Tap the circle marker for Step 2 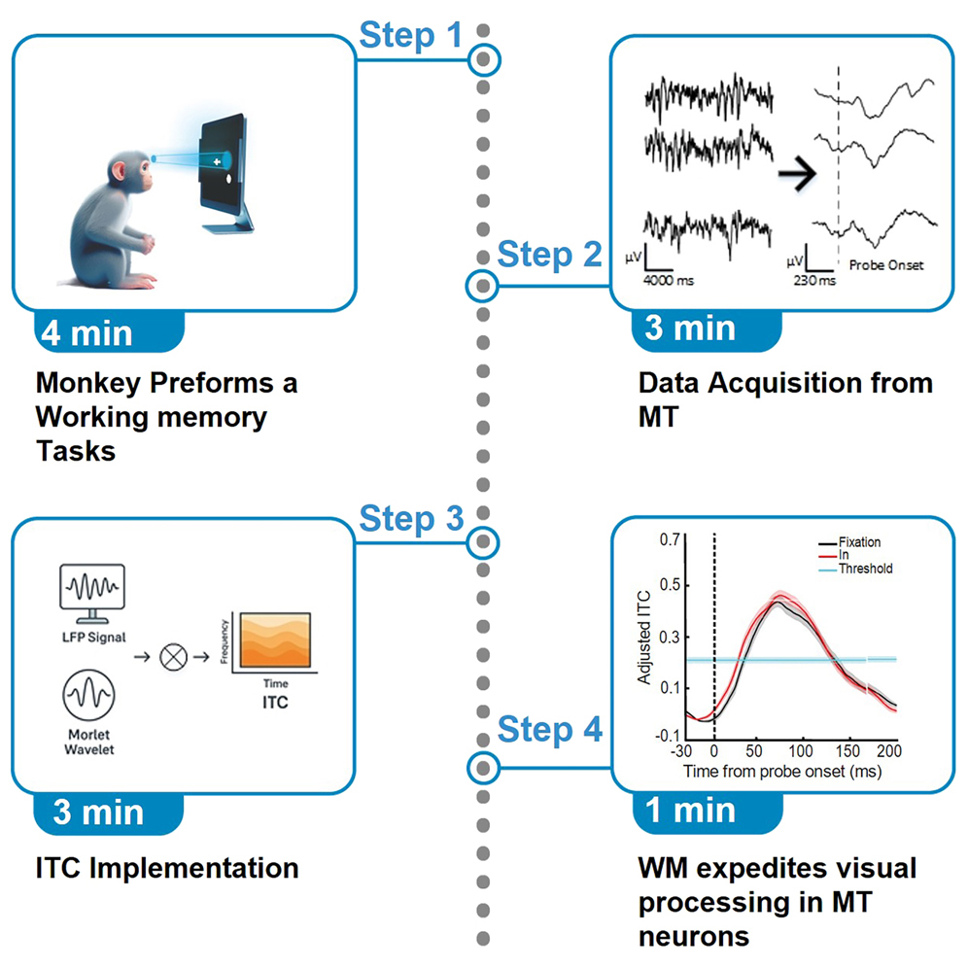click(x=483, y=286)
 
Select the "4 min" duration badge click(x=86, y=332)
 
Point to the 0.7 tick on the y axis click(x=669, y=538)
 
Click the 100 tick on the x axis click(x=801, y=751)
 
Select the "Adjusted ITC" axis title click(x=644, y=638)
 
